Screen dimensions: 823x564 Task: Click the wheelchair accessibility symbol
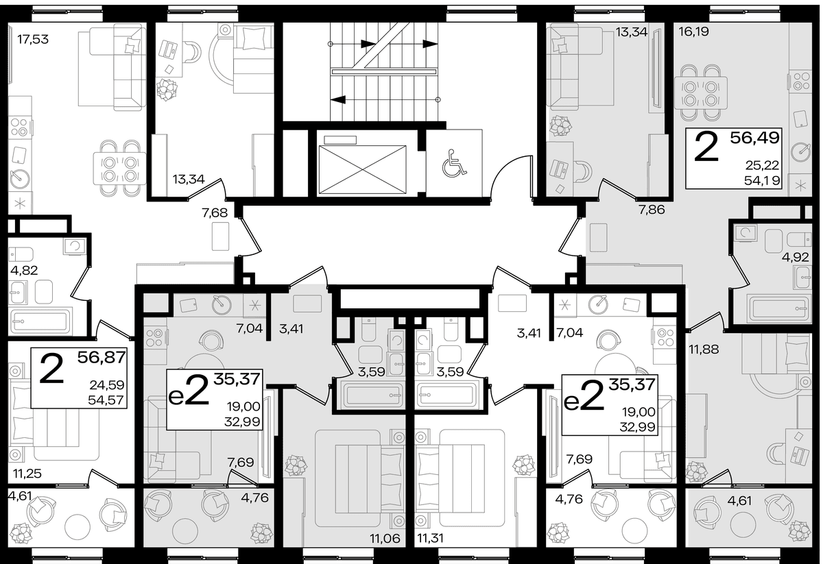455,162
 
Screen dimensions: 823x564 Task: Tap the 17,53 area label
33,39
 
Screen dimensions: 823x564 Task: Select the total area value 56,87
102,357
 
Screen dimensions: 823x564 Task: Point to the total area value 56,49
754,138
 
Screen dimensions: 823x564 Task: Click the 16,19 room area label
693,32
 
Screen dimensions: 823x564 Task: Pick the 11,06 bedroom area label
385,539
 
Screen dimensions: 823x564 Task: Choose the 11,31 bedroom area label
430,539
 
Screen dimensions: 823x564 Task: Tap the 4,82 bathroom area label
24,271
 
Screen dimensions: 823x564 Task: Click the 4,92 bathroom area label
796,258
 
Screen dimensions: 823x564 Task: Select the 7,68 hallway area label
215,212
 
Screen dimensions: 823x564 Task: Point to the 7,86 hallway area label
652,210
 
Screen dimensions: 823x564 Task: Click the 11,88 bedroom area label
704,350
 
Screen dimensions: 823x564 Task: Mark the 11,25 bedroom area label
27,474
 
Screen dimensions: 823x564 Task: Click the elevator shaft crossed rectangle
363,169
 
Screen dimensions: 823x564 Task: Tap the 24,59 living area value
107,385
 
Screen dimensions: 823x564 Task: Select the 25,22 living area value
763,166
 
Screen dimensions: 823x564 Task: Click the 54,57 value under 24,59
106,400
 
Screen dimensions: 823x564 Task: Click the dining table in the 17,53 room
120,169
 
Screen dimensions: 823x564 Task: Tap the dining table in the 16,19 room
701,93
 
